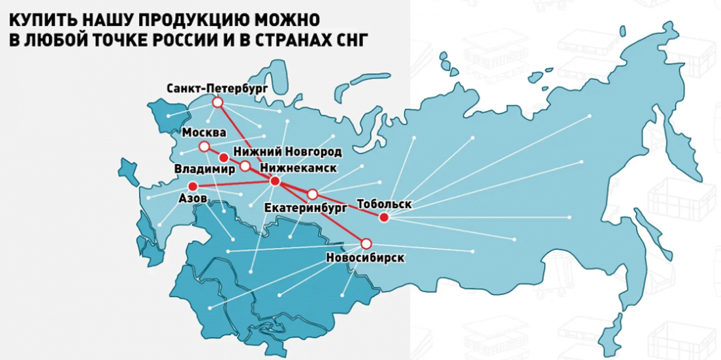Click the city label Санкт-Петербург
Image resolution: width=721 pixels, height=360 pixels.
217,89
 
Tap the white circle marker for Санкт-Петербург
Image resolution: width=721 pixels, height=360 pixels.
218,103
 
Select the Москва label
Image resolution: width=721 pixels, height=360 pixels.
204,133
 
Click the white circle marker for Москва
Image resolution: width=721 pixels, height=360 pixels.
204,147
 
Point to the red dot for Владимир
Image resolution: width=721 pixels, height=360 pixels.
224,158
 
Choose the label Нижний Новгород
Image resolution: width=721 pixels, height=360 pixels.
287,152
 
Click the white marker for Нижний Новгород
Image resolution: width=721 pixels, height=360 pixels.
245,166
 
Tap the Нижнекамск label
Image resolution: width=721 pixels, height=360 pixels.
298,168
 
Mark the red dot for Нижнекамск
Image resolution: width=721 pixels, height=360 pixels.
275,181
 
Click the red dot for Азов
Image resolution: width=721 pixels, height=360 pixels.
193,187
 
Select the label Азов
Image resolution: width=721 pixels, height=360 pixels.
193,198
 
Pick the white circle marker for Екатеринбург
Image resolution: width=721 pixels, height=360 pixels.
312,194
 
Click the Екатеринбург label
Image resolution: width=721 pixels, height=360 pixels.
306,208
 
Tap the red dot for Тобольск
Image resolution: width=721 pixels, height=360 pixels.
384,218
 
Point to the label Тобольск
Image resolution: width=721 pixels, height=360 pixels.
384,204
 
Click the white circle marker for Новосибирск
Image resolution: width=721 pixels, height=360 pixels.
366,244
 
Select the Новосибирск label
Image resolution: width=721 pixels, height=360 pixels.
365,258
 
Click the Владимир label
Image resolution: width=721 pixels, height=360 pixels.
205,169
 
